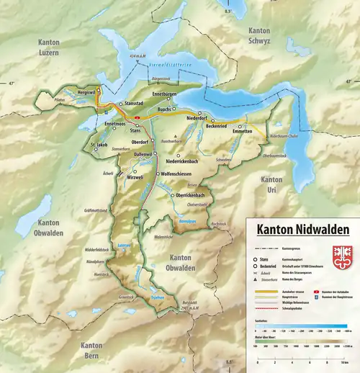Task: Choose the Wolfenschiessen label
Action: pos(180,174)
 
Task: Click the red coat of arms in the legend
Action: pos(342,256)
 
